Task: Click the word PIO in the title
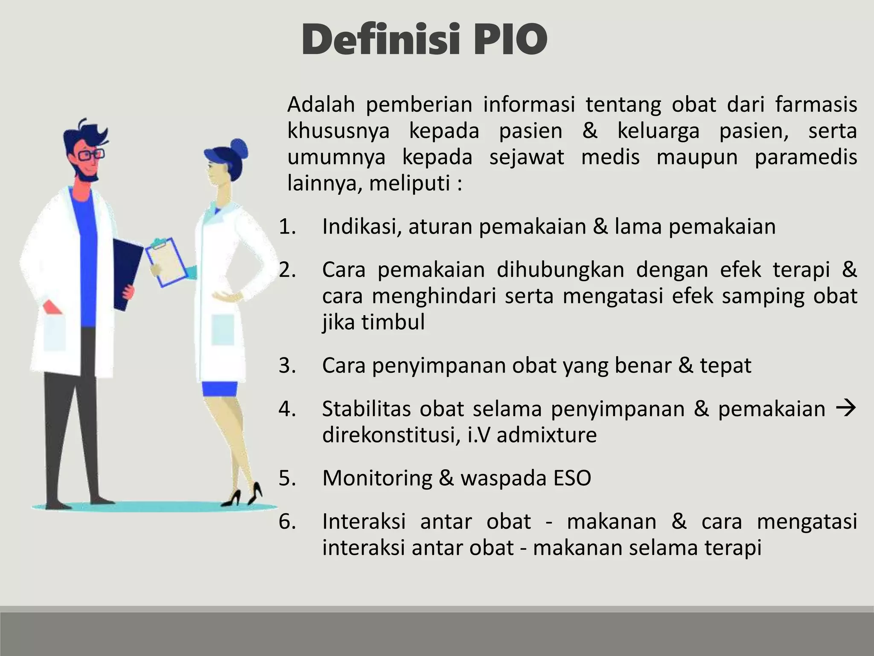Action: [x=510, y=40]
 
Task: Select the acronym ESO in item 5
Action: [x=572, y=478]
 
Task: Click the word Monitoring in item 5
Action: [x=377, y=478]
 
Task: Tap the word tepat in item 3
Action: [x=725, y=366]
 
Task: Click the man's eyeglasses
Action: [x=88, y=155]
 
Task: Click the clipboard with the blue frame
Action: [x=166, y=262]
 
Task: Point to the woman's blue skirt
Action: [x=219, y=389]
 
